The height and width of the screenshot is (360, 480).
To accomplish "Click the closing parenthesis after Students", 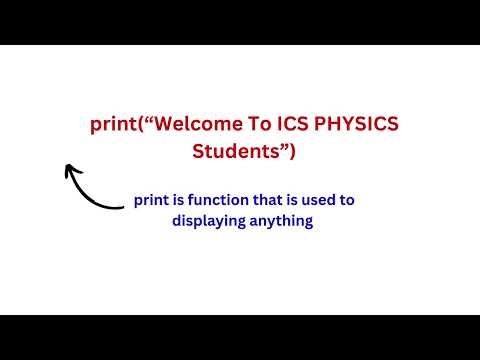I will tap(292, 152).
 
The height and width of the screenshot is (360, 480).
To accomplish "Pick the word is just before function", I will tap(180, 200).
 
